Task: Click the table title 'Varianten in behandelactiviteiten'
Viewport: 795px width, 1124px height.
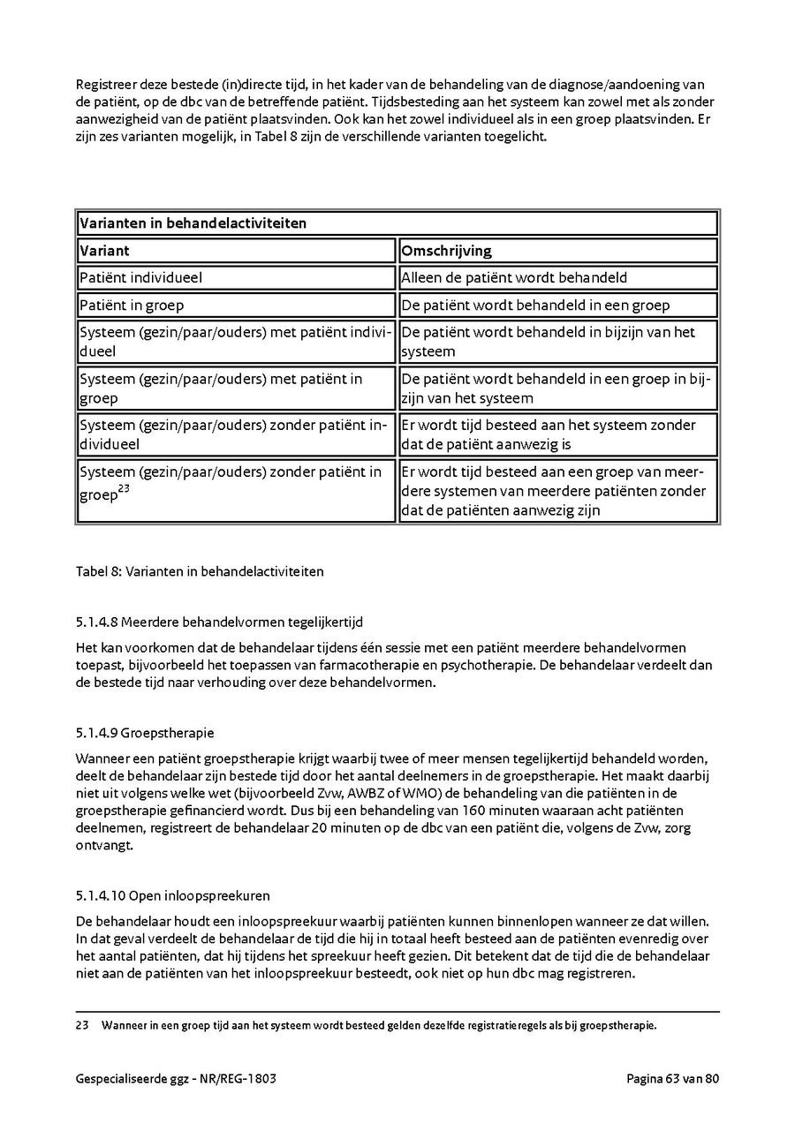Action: tap(193, 223)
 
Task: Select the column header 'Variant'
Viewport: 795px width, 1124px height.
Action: tap(105, 251)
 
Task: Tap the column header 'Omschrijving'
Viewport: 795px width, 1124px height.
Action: tap(446, 251)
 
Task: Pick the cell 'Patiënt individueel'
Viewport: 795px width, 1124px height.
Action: tap(141, 278)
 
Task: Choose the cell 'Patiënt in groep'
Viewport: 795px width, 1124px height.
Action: tap(132, 306)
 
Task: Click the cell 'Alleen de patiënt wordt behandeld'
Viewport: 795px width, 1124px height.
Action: tap(514, 278)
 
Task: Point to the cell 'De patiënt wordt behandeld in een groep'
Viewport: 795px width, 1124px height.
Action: tap(535, 306)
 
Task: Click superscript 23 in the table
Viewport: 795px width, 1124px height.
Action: tap(125, 491)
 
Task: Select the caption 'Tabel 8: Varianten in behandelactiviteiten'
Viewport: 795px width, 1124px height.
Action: tap(200, 571)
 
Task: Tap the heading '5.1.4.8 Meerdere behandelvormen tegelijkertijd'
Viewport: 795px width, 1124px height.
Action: tap(220, 622)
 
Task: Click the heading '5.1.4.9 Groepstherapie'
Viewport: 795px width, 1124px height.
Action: tap(145, 733)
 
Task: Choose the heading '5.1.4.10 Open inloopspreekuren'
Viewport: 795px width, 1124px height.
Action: tap(173, 895)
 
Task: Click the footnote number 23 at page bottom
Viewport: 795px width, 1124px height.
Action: tap(83, 1026)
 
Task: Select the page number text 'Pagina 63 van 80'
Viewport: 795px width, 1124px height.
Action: tap(673, 1079)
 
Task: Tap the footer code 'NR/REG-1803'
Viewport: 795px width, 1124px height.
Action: tap(248, 1079)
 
